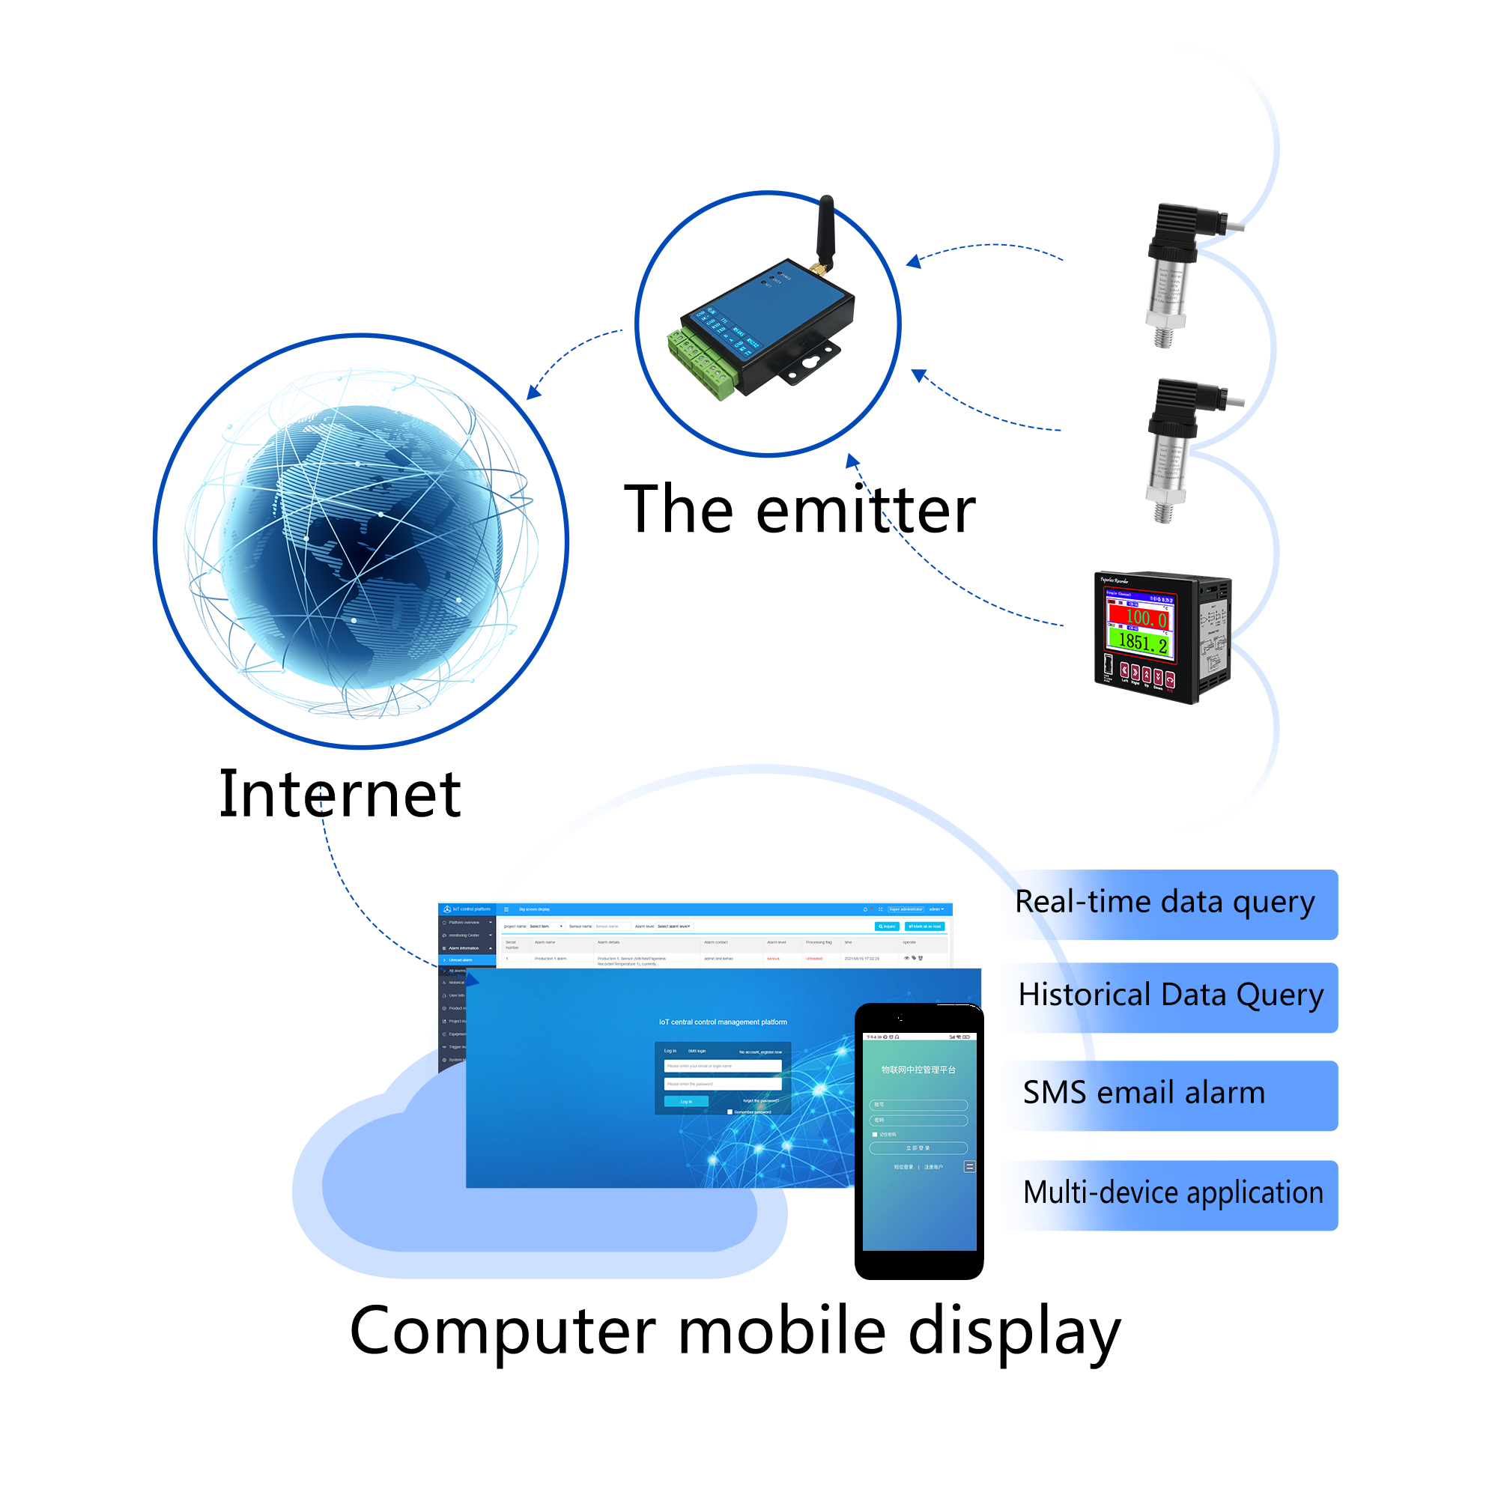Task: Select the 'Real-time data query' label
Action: [1165, 903]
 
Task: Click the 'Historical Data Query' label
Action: [1170, 995]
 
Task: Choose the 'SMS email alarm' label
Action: [1144, 1094]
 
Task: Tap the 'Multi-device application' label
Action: [1172, 1192]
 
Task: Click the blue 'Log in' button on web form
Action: [686, 1101]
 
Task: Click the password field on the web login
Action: [722, 1084]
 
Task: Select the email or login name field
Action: [722, 1066]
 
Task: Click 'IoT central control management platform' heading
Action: [723, 1022]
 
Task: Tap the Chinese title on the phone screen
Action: [918, 1070]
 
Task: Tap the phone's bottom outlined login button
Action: [918, 1147]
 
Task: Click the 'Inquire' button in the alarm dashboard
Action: [887, 927]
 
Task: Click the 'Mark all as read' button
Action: [924, 927]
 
